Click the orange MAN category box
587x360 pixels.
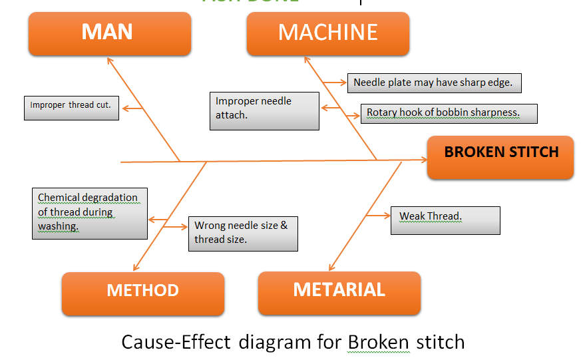109,33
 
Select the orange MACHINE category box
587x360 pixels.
327,33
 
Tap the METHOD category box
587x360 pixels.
142,291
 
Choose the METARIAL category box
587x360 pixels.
339,291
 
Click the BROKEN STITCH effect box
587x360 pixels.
500,152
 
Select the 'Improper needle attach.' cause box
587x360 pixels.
264,110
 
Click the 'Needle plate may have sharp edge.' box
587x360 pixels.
433,83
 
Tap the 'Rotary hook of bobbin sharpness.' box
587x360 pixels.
449,112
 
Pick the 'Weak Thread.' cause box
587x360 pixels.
445,220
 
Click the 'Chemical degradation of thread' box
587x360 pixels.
90,212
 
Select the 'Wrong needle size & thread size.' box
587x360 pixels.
242,233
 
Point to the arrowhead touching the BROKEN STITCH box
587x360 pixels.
422,160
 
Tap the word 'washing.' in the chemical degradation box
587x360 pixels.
58,226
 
